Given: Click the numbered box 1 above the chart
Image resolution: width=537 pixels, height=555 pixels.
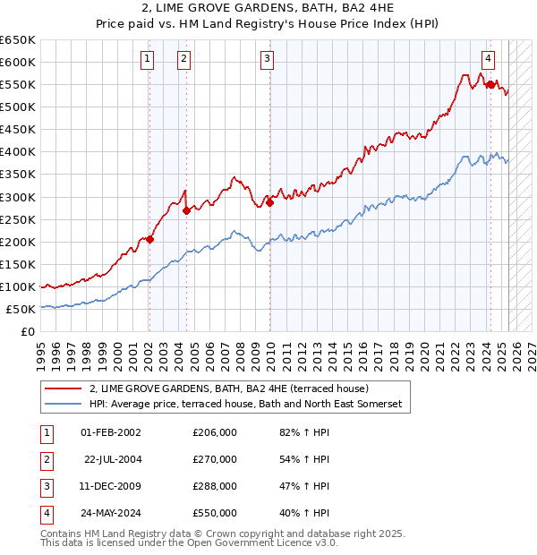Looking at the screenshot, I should coord(147,59).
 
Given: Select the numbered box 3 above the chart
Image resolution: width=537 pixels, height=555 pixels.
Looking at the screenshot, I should coord(268,59).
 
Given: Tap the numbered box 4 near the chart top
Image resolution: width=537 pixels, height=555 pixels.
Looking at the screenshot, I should coord(488,59).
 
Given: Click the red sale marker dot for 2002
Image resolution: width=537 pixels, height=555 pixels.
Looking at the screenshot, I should coord(149,239).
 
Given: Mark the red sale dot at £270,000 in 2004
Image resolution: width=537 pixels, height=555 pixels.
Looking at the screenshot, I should coord(186,210).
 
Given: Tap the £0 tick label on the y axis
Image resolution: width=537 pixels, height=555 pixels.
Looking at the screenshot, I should coord(27,331).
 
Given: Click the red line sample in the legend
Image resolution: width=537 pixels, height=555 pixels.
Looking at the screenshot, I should coord(63,388).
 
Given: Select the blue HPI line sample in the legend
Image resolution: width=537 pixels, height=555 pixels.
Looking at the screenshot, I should coord(63,405).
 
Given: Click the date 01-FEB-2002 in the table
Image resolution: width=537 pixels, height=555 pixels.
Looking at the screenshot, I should coord(110,432).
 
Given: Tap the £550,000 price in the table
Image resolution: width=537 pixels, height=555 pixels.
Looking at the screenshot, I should coord(215,513).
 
